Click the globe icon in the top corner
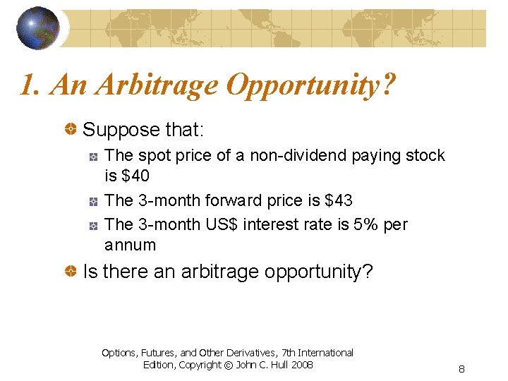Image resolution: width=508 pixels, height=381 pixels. (x=38, y=28)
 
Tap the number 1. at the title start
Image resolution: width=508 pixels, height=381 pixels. (x=29, y=86)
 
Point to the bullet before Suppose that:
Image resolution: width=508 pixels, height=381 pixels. (x=71, y=130)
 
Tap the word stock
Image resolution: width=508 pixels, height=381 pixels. (x=423, y=155)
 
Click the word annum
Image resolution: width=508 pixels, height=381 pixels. (x=130, y=245)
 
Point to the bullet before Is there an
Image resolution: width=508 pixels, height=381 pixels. (x=71, y=272)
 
